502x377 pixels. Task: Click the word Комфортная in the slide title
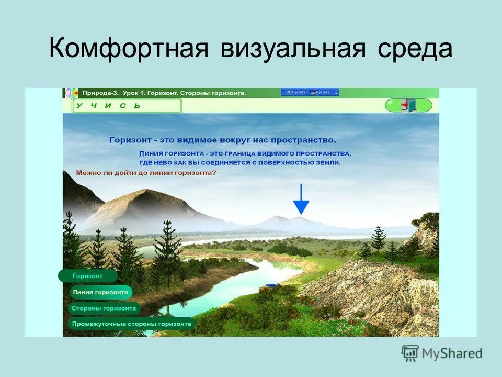coord(129,49)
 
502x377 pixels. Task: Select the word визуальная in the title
coord(292,49)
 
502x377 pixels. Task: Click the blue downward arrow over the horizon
coord(301,199)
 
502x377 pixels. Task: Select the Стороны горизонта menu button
coord(104,308)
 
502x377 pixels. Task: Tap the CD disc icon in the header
coord(71,93)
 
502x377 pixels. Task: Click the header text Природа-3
coord(99,93)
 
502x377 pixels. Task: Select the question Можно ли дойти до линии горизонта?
coord(146,172)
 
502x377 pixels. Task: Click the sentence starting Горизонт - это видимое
coord(222,140)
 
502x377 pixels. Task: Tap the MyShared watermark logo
coord(442,353)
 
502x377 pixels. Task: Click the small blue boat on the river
coord(271,285)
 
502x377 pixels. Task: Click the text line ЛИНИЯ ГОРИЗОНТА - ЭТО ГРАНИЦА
coord(245,153)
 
